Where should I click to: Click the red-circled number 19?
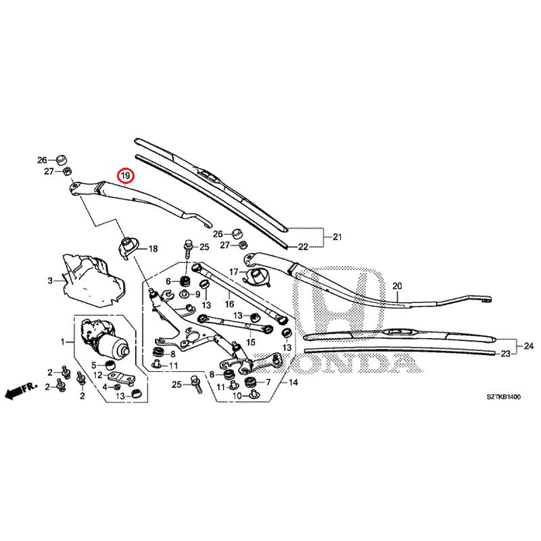pyautogui.click(x=125, y=176)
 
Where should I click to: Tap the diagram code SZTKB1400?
pyautogui.click(x=503, y=397)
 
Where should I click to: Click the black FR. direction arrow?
pyautogui.click(x=21, y=390)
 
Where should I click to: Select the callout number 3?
pyautogui.click(x=50, y=281)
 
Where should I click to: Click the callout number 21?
pyautogui.click(x=337, y=237)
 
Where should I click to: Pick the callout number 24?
pyautogui.click(x=529, y=346)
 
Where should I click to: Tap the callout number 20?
pyautogui.click(x=397, y=286)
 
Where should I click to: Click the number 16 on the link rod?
pyautogui.click(x=229, y=304)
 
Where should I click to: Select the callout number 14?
pyautogui.click(x=293, y=382)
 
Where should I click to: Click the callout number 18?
pyautogui.click(x=153, y=248)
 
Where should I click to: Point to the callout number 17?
pyautogui.click(x=233, y=272)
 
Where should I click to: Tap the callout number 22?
pyautogui.click(x=303, y=247)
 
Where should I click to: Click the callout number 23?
pyautogui.click(x=505, y=354)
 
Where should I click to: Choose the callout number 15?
pyautogui.click(x=251, y=342)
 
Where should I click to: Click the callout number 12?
pyautogui.click(x=98, y=375)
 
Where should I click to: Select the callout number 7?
pyautogui.click(x=268, y=382)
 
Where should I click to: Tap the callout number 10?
pyautogui.click(x=237, y=396)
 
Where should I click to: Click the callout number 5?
pyautogui.click(x=94, y=365)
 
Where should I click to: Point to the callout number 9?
pyautogui.click(x=197, y=295)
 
